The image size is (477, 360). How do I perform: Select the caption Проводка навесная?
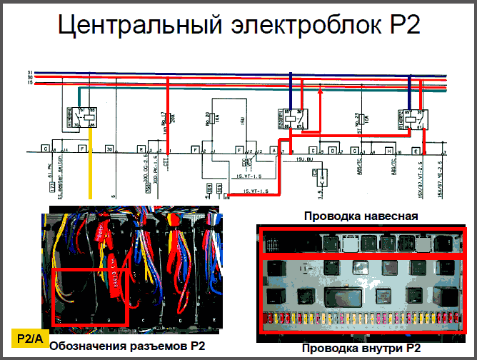click(360, 215)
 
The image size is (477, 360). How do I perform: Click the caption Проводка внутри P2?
click(361, 349)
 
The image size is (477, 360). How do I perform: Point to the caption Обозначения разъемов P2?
click(127, 346)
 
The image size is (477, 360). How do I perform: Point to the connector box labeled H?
click(388, 151)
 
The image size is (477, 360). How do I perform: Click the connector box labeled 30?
click(109, 150)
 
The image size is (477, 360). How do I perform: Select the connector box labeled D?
click(332, 151)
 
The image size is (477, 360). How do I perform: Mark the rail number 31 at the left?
click(30, 73)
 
